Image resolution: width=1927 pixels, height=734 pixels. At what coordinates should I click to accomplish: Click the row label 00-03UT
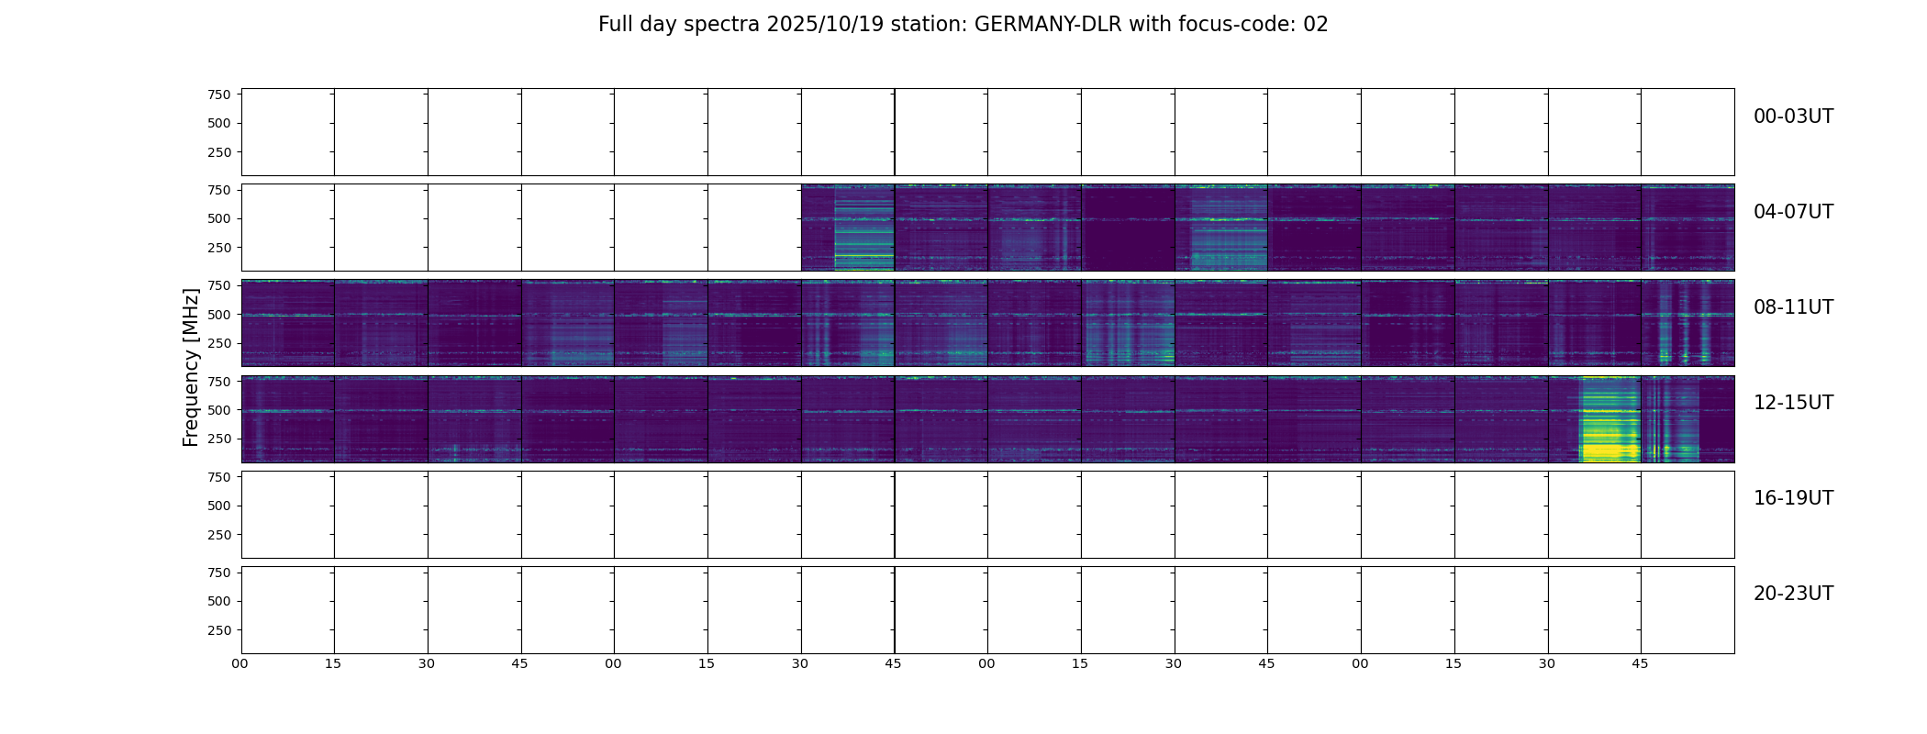coord(1793,117)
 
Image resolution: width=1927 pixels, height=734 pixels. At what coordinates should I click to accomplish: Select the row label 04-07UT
coord(1793,212)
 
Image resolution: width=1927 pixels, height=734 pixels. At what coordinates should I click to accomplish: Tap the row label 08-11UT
coord(1793,307)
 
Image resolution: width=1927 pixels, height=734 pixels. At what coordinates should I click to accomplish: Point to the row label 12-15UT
coord(1793,403)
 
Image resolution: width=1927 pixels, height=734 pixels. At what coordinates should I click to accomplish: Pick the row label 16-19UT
coord(1793,498)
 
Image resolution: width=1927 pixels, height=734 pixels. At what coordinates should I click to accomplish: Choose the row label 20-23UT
coord(1793,594)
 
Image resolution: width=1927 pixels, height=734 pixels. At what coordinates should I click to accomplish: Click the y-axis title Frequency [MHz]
coord(191,367)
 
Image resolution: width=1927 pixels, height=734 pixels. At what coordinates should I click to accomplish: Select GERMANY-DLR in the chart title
coord(1048,25)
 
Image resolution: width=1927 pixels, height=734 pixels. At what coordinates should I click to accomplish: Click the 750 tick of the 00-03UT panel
coord(219,95)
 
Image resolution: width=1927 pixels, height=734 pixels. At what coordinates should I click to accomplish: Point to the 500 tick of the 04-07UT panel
coord(219,218)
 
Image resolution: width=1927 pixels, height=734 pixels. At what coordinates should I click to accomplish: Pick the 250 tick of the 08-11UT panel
coord(219,343)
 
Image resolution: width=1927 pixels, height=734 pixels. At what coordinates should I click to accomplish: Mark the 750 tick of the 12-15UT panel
coord(219,381)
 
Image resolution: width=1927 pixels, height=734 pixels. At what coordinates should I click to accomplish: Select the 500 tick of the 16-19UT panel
coord(219,506)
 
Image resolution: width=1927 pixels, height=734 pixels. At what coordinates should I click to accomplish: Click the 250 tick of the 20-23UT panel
coord(219,630)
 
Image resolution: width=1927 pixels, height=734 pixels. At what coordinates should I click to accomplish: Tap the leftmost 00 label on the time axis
coord(240,663)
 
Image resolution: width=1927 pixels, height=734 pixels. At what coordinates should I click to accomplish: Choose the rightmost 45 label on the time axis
coord(1640,663)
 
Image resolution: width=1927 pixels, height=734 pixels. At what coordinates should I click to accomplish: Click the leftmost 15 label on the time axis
coord(333,663)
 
